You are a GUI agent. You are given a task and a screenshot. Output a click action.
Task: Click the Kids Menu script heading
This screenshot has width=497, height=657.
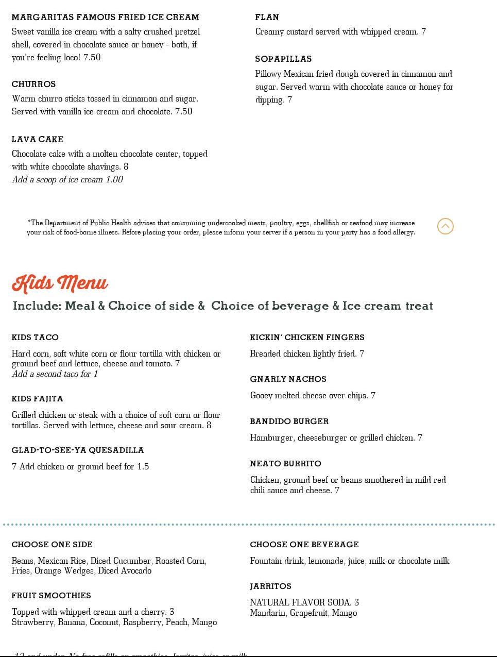pos(60,283)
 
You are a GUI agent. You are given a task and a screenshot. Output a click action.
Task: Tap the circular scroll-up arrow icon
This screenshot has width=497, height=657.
pos(445,226)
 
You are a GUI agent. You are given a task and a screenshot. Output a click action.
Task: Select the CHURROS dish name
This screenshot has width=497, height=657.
pos(33,84)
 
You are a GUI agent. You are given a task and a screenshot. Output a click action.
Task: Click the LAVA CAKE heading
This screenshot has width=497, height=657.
pos(38,139)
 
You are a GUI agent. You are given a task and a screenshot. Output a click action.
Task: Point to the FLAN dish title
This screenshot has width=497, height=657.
pos(267,17)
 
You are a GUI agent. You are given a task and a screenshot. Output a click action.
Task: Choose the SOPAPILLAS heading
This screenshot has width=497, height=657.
pos(283,59)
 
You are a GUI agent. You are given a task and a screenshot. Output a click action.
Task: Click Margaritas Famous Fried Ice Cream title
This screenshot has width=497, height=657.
pos(105,17)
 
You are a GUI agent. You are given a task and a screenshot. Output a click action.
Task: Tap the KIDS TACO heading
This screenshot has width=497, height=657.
pos(35,338)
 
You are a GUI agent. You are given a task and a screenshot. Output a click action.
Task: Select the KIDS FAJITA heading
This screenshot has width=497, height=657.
pos(37,399)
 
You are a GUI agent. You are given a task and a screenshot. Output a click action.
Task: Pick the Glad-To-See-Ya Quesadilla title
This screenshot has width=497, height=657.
pos(78,450)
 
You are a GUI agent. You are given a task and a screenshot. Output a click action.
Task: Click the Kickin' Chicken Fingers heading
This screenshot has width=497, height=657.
pos(307,338)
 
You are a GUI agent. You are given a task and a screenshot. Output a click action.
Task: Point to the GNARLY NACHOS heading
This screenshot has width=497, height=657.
pos(288,379)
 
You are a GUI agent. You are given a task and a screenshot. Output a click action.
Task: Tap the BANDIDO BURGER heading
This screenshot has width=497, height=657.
pos(289,422)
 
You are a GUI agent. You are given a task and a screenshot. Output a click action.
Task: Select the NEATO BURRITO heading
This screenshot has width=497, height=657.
pos(285,464)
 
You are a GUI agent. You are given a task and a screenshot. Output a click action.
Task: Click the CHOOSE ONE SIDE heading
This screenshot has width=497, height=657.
pos(52,545)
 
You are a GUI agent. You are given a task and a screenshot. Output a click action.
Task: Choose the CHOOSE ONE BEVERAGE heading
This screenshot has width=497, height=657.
pos(304,545)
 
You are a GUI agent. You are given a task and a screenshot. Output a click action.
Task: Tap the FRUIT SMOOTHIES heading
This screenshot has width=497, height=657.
pos(51,596)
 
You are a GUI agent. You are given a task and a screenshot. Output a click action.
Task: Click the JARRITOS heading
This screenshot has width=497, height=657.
pos(270,586)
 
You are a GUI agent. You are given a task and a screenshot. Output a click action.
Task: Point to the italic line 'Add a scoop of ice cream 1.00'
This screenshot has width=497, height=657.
pos(67,180)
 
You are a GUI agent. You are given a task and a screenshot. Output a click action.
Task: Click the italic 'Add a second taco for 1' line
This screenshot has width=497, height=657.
pos(55,374)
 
